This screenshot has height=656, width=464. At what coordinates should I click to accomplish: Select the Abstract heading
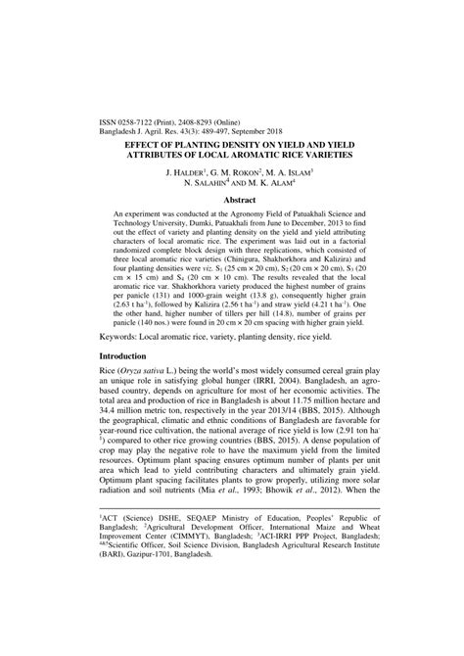point(232,199)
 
